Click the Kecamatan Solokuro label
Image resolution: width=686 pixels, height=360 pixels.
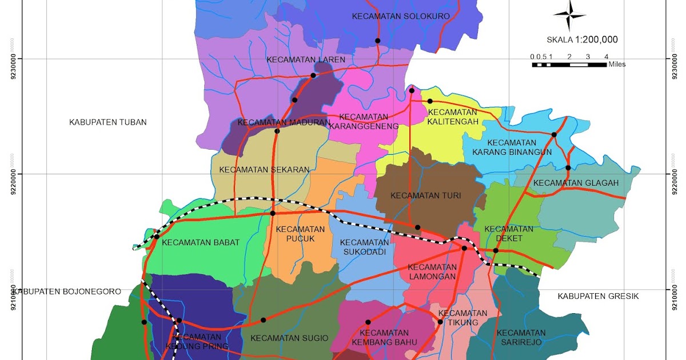pos(401,16)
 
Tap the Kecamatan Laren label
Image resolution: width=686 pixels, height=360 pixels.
pos(306,59)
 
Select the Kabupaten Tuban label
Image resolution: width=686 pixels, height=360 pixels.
pos(108,122)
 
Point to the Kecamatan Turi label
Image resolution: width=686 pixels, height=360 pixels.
pos(425,195)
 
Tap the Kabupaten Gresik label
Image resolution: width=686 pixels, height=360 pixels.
pos(598,296)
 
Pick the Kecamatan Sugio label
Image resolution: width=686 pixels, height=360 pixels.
pos(289,338)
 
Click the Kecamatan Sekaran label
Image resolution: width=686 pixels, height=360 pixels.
pos(264,170)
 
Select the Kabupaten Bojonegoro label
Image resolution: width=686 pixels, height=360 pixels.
pos(67,291)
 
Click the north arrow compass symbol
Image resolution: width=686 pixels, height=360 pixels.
pos(569,15)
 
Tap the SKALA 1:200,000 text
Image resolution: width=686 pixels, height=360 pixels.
pos(582,40)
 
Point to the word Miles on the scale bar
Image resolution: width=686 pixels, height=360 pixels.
pos(617,65)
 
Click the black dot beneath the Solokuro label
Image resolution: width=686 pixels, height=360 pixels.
pos(377,41)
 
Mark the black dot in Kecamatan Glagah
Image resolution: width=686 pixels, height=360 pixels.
pos(568,167)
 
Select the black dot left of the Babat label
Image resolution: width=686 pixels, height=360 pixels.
pos(157,236)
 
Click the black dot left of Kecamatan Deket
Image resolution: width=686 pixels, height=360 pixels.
pos(464,248)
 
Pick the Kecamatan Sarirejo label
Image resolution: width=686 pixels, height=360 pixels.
pos(521,338)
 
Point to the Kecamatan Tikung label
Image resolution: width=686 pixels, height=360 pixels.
pos(462,318)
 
